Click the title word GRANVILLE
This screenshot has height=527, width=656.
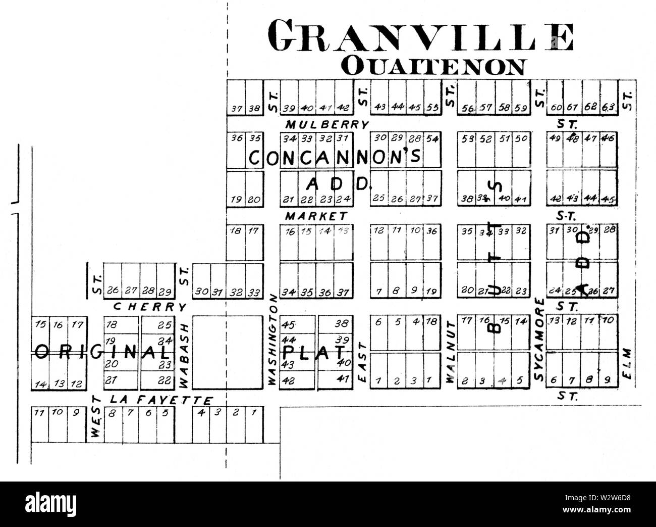click(421, 37)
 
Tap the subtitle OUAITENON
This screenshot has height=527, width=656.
click(433, 66)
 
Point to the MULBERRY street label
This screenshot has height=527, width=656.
click(327, 124)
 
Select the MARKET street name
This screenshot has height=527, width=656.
click(316, 216)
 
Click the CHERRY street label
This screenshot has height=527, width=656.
click(150, 307)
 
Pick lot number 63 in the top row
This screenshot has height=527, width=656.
click(609, 107)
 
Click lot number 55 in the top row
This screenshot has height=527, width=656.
click(431, 107)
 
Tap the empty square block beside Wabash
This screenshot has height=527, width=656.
click(228, 352)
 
